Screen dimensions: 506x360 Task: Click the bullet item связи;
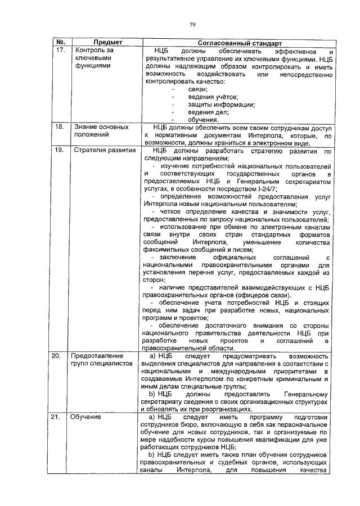[x=197, y=89]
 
